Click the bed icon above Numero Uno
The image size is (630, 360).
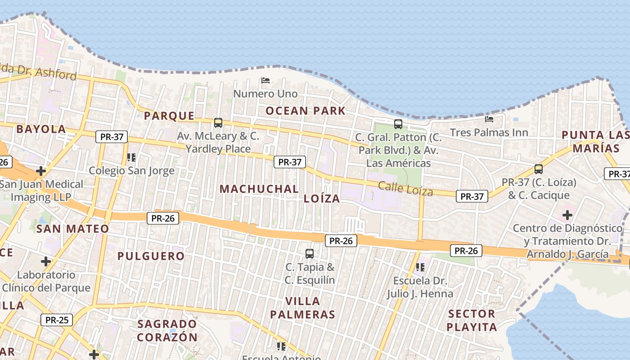click(x=265, y=81)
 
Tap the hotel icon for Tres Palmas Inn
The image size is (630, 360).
click(x=489, y=119)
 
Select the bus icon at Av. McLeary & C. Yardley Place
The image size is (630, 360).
click(x=218, y=122)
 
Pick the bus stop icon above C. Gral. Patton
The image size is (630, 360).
click(x=398, y=124)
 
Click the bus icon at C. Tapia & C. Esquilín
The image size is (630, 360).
click(x=310, y=253)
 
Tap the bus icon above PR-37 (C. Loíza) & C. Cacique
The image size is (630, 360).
click(x=539, y=169)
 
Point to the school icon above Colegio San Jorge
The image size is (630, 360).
click(x=131, y=157)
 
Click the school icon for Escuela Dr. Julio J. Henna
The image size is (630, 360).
click(x=420, y=267)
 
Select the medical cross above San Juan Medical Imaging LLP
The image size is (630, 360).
click(x=41, y=171)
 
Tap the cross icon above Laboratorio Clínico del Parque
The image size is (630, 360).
click(x=46, y=261)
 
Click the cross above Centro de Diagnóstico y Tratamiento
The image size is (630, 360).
click(x=567, y=215)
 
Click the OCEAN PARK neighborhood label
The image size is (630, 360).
click(x=306, y=111)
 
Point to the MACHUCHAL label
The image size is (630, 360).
click(x=259, y=189)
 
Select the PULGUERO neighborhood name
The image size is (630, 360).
click(x=151, y=256)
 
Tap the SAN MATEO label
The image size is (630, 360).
click(x=72, y=229)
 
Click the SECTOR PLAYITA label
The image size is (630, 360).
click(x=472, y=320)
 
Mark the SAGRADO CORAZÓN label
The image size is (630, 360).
click(x=167, y=330)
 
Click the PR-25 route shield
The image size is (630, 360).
click(x=57, y=320)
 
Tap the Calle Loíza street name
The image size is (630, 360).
click(x=405, y=189)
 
